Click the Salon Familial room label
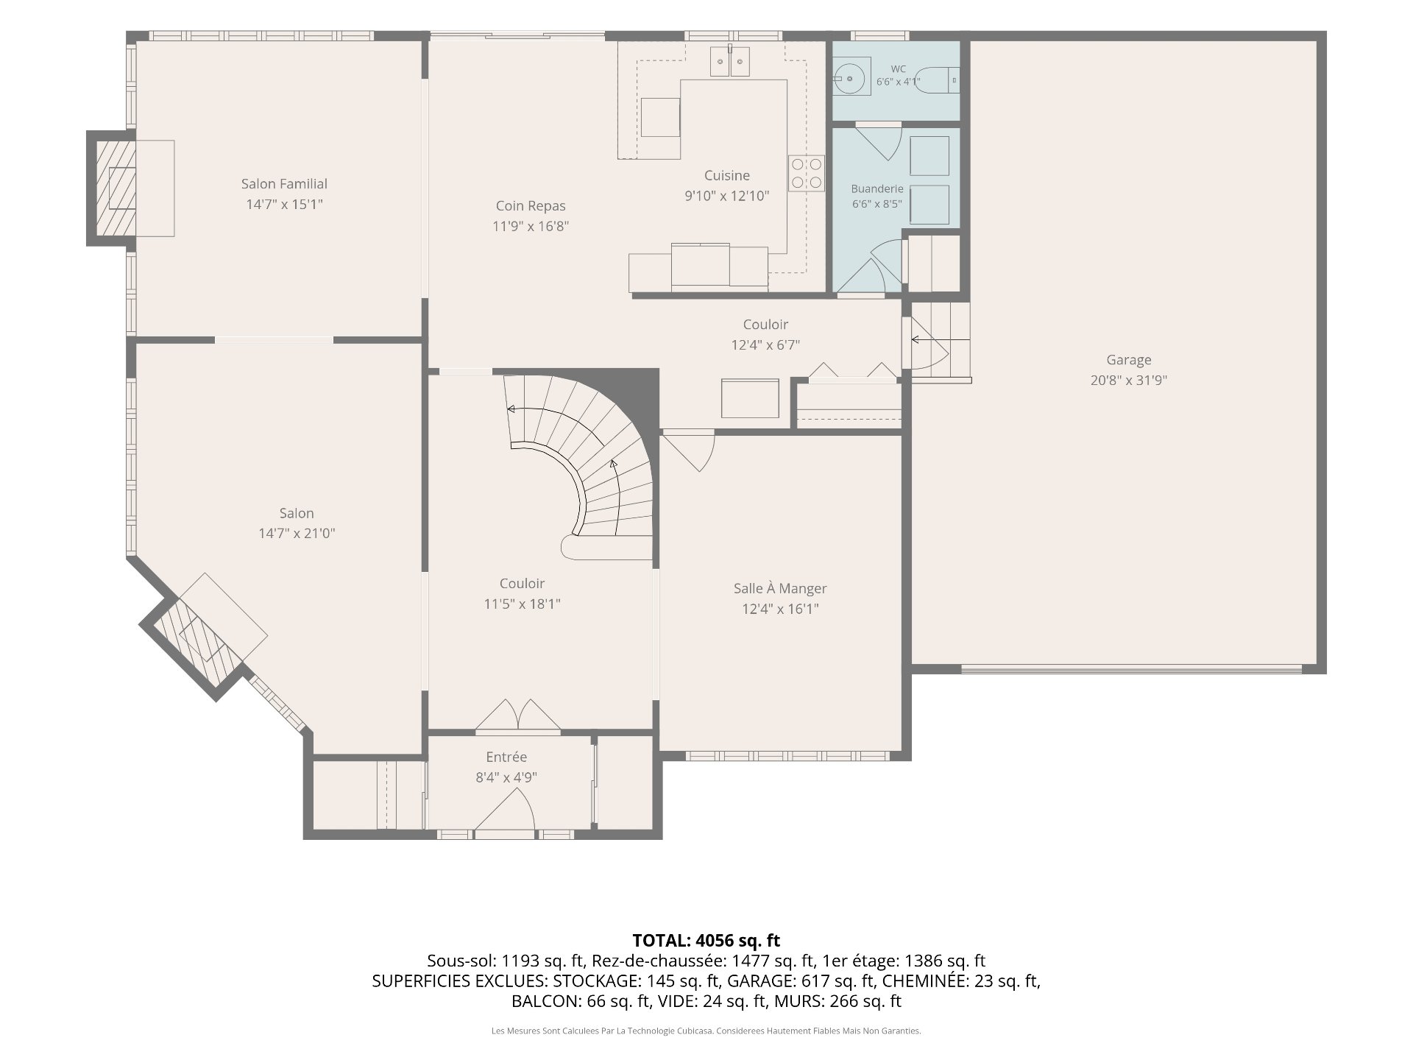(x=284, y=184)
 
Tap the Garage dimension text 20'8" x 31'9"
(x=1129, y=381)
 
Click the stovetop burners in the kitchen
(x=807, y=174)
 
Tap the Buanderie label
(x=877, y=189)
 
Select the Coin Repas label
(x=531, y=206)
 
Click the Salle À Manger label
(x=780, y=588)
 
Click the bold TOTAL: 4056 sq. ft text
(x=706, y=940)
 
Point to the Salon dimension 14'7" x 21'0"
(x=297, y=533)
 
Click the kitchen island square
(x=660, y=117)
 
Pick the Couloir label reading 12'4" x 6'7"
(x=765, y=344)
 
